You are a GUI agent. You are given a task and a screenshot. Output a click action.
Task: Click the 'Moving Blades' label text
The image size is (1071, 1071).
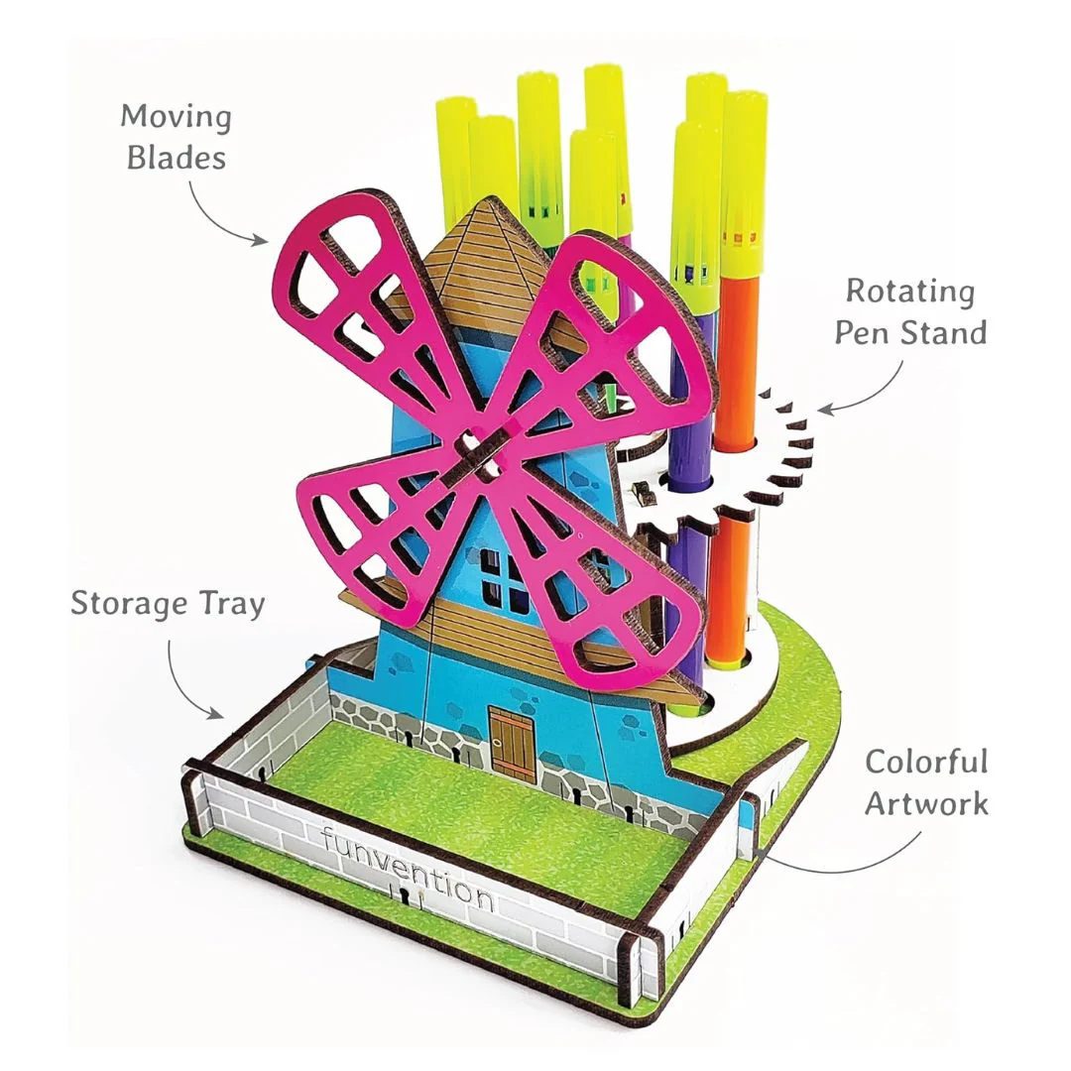point(177,137)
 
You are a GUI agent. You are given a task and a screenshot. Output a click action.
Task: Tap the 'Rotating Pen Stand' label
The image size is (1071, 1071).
point(911,312)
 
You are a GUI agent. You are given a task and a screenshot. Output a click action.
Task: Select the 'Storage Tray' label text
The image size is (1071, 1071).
point(168,604)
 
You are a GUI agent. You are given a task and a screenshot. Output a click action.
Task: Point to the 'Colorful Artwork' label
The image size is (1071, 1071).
point(927,782)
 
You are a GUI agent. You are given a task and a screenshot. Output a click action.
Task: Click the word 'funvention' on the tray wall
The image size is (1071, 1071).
point(409,868)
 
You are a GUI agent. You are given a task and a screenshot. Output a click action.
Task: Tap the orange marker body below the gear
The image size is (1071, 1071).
point(728,587)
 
